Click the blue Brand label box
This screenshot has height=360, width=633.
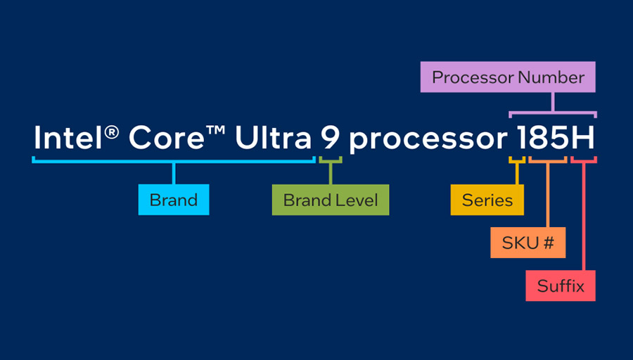174,200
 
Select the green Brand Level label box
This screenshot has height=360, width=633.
330,200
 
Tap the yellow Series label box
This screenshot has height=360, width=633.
487,200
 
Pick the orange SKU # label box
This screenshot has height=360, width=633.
528,243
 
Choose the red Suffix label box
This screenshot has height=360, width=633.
561,286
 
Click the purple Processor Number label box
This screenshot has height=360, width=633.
509,77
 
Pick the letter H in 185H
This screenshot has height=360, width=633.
582,139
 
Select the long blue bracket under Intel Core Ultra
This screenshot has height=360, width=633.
173,161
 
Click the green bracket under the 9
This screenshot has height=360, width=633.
330,161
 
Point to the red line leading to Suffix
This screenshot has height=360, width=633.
584,218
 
